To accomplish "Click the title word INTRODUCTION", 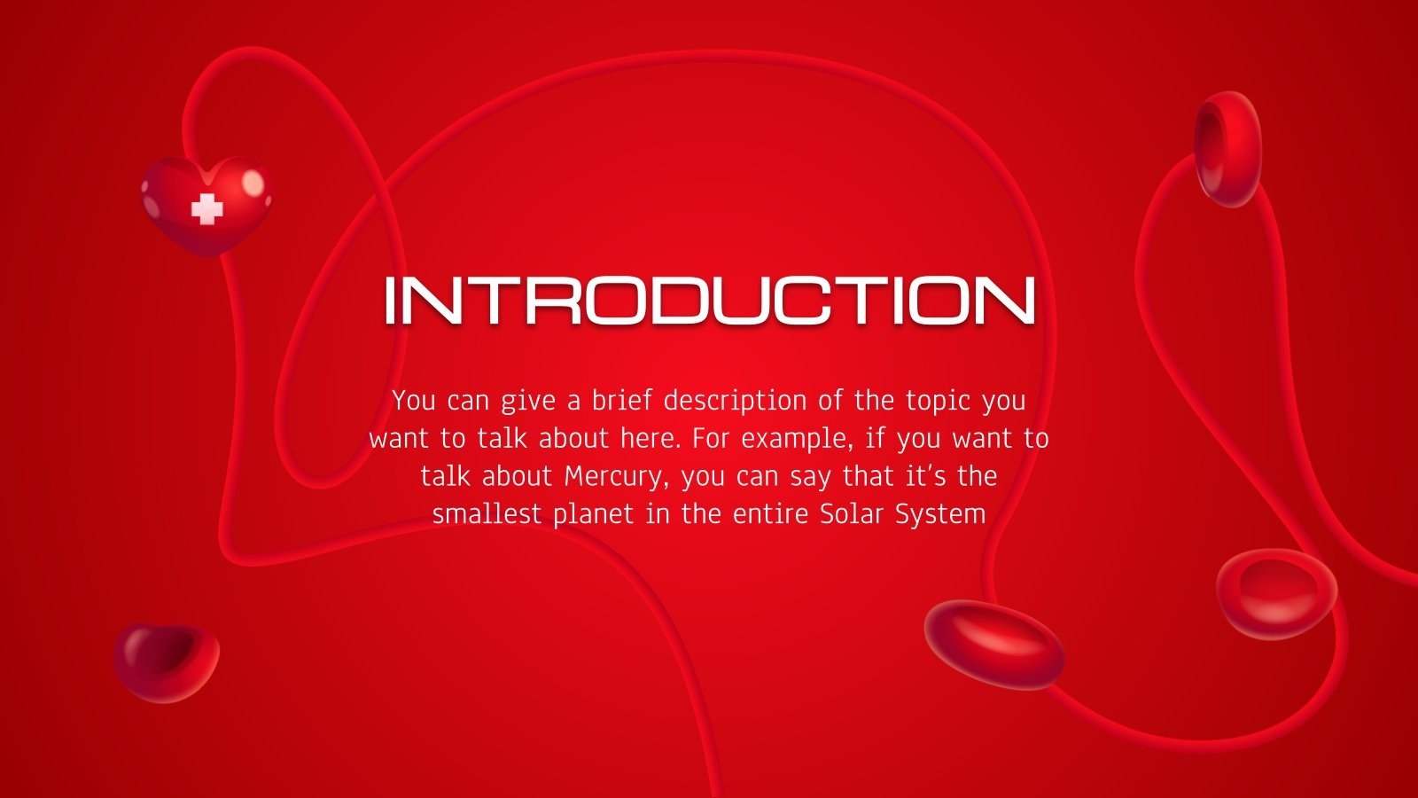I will [709, 301].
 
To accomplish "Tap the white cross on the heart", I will [207, 208].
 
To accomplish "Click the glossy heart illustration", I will [206, 205].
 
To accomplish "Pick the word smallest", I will [487, 514].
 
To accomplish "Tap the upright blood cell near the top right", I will [1227, 148].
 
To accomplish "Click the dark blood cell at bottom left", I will [166, 662].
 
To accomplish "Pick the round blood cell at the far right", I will [1276, 592].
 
